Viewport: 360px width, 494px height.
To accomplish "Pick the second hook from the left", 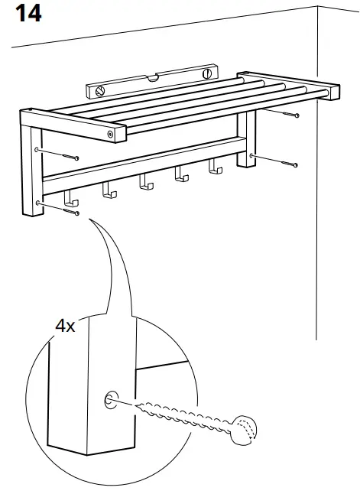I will (109, 190).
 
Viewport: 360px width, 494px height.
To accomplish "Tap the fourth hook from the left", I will (180, 175).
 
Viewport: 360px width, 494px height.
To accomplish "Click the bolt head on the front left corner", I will (112, 135).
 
